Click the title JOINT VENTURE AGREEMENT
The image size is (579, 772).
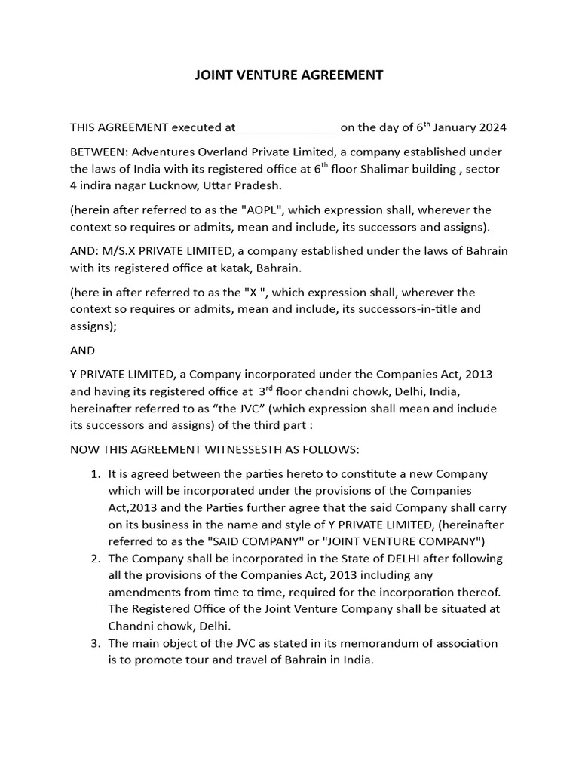pyautogui.click(x=289, y=75)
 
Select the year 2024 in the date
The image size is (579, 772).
pyautogui.click(x=492, y=127)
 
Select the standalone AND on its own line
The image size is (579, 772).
pyautogui.click(x=83, y=350)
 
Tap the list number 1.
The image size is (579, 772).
pyautogui.click(x=95, y=474)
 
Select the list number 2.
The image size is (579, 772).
pyautogui.click(x=95, y=559)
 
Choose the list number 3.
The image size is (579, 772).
pyautogui.click(x=95, y=643)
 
